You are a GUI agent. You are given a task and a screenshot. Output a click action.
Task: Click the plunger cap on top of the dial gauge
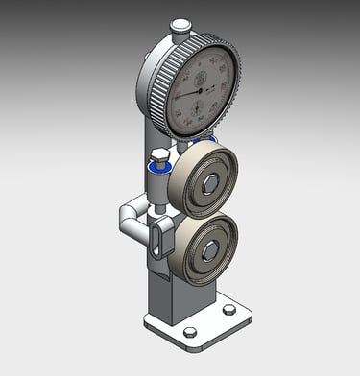(180, 26)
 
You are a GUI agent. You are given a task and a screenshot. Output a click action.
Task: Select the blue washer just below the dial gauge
(200, 141)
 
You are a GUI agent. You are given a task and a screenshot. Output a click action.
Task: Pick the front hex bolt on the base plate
(190, 332)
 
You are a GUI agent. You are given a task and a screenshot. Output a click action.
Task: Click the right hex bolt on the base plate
(228, 309)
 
